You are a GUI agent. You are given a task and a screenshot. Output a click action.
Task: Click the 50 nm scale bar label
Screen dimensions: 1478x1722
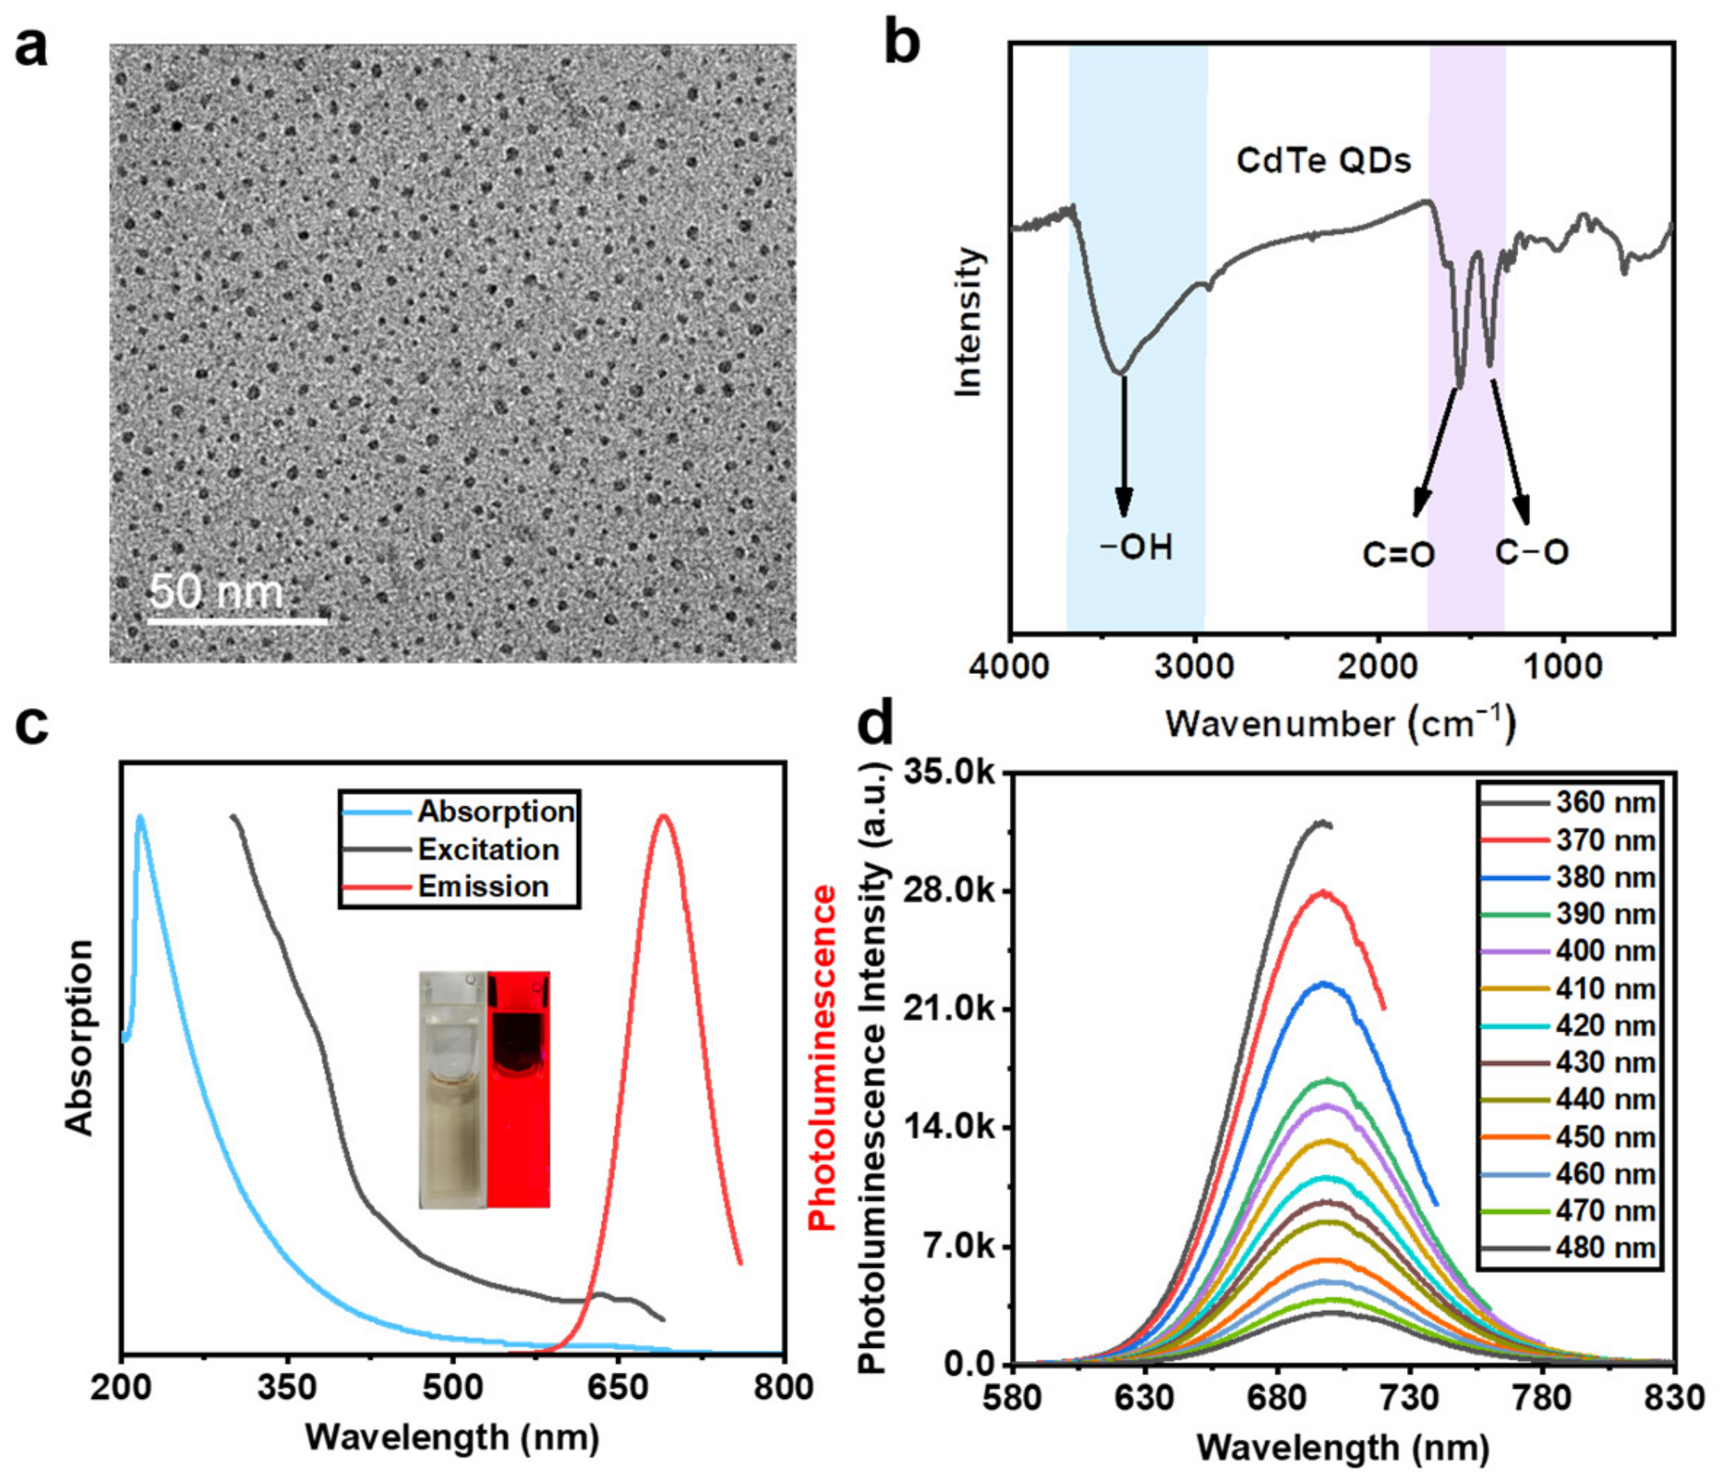pos(217,592)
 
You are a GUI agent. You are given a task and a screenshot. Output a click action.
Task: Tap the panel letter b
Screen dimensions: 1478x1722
pos(901,46)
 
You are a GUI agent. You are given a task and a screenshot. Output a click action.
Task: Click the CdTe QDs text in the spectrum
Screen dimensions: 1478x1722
pos(1323,160)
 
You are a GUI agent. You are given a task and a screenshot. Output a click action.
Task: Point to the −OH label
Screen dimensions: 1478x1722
pos(1136,548)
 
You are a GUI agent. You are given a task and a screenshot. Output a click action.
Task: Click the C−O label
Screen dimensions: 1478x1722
pos(1532,552)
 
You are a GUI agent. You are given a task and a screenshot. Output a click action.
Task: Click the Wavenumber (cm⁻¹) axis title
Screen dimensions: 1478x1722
pos(1340,724)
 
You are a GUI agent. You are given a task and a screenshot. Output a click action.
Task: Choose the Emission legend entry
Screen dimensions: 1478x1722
pos(482,886)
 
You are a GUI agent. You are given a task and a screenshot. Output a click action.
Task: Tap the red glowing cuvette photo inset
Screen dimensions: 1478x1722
pos(519,1088)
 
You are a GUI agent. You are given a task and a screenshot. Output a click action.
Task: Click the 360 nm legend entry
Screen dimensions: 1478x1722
pos(1605,803)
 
